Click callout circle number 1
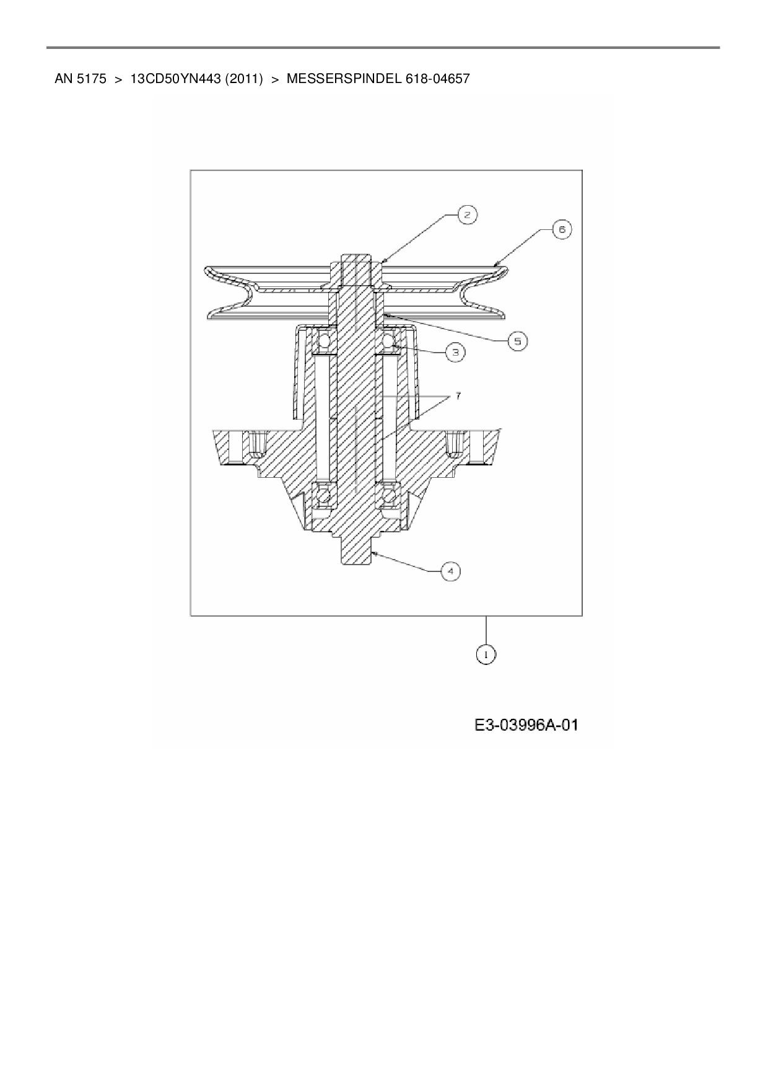tap(486, 654)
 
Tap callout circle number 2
tap(467, 215)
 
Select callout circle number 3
tap(455, 352)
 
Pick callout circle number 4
tap(450, 571)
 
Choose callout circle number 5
tap(518, 341)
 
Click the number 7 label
tap(458, 395)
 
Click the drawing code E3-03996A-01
tap(526, 724)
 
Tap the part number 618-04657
tap(438, 79)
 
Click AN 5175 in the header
tap(81, 79)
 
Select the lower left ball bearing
tap(323, 495)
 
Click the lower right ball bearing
tap(389, 495)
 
